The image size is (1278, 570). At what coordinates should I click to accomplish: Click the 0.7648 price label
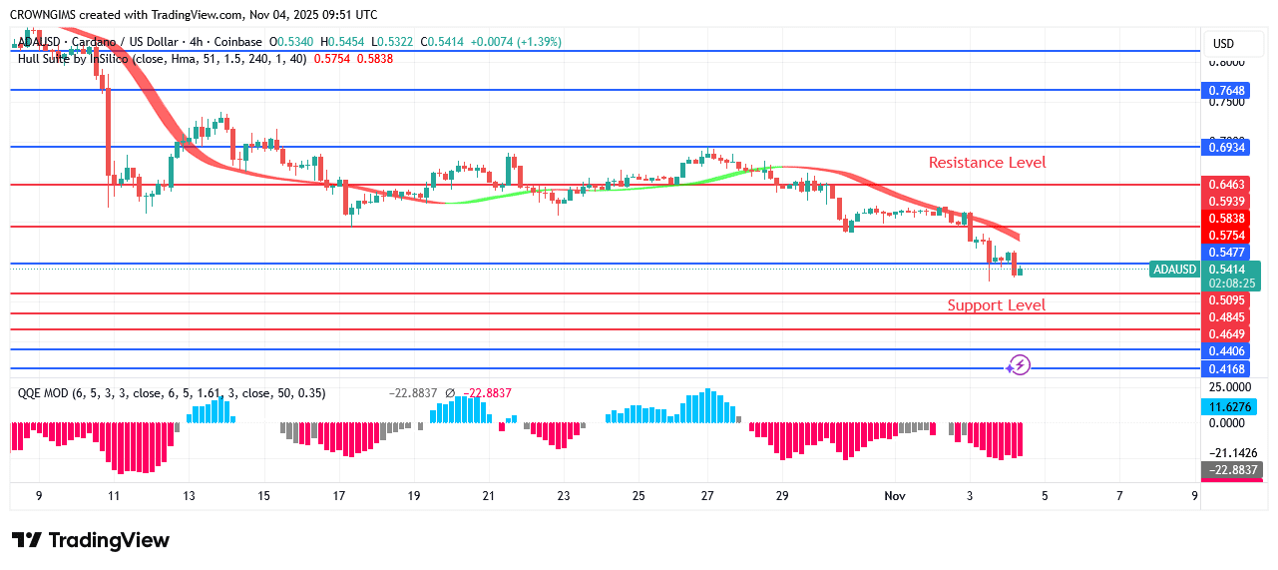click(x=1225, y=90)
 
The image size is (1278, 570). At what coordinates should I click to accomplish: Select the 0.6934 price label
click(x=1225, y=147)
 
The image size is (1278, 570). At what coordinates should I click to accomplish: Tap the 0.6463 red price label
click(x=1225, y=185)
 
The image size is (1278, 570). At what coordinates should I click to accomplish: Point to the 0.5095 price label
click(x=1225, y=298)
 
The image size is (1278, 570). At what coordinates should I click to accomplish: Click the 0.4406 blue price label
click(x=1225, y=350)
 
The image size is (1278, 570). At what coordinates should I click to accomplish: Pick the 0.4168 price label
click(x=1225, y=368)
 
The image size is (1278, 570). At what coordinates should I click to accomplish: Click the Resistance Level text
click(x=987, y=162)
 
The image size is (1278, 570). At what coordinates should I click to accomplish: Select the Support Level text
click(x=996, y=305)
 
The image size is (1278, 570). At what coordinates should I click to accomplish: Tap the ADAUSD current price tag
click(x=1174, y=270)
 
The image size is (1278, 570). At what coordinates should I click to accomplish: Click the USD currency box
click(x=1223, y=44)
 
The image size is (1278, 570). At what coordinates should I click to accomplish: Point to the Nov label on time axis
click(x=894, y=496)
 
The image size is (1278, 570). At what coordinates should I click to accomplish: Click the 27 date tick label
click(x=707, y=496)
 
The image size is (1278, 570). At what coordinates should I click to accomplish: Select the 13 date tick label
click(x=189, y=496)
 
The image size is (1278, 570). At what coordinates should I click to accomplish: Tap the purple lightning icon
click(x=1018, y=365)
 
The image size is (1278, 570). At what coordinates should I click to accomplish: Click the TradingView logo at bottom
click(x=91, y=540)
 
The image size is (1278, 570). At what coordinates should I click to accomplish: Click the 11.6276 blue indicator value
click(x=1225, y=407)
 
